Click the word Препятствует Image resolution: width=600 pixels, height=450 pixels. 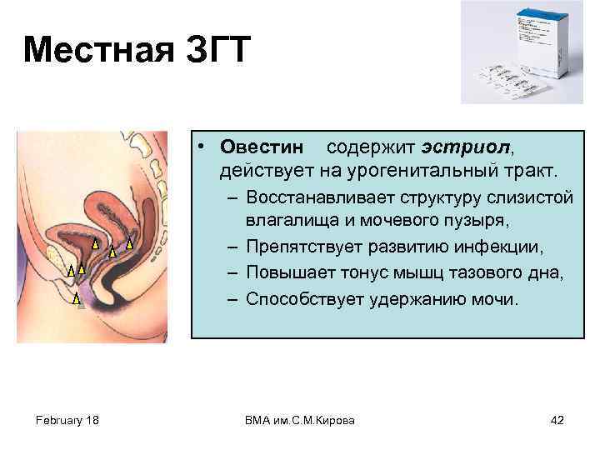[302, 248]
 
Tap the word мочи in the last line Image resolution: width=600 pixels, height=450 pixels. [497, 299]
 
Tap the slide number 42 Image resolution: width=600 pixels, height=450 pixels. [557, 420]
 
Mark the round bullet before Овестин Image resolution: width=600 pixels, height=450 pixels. [202, 148]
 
